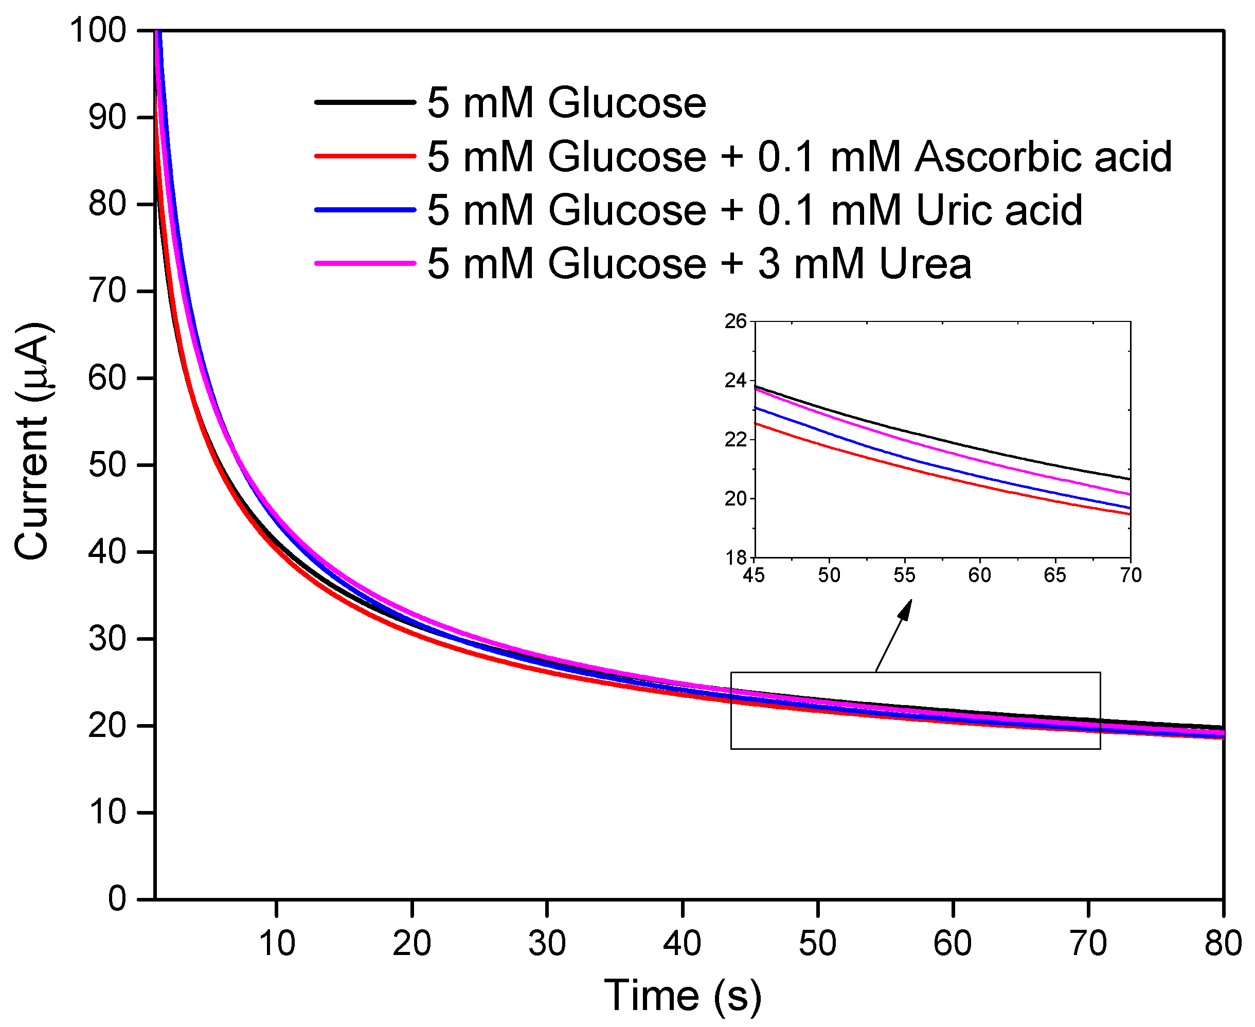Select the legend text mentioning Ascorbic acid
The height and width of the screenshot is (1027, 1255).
click(x=799, y=157)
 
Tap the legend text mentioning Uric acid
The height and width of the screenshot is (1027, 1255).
click(x=755, y=210)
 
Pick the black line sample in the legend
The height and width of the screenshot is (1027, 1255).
click(x=365, y=102)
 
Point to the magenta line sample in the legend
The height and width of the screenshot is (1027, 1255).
click(x=365, y=263)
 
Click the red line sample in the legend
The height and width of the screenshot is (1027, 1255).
click(x=365, y=156)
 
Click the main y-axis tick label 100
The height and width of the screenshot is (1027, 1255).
click(x=98, y=30)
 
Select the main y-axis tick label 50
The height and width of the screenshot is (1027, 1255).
click(x=107, y=465)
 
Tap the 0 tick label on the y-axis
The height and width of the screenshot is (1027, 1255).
click(x=117, y=899)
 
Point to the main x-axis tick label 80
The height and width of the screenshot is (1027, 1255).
click(x=1223, y=943)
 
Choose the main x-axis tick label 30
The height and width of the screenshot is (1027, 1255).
click(x=547, y=943)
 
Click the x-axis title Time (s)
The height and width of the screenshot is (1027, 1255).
click(x=682, y=996)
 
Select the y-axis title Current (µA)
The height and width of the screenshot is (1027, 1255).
click(x=32, y=441)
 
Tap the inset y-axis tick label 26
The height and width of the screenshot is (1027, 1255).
click(x=736, y=321)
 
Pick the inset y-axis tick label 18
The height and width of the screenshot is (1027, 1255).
click(x=736, y=557)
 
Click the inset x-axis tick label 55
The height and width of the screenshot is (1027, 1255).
click(x=904, y=575)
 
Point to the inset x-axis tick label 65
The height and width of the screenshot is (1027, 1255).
click(x=1054, y=575)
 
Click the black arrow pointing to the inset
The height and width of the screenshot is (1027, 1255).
click(x=893, y=636)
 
